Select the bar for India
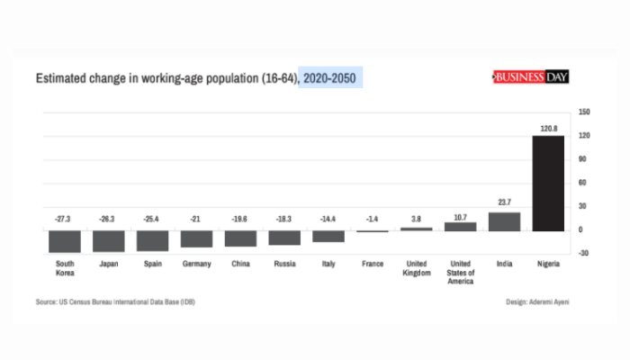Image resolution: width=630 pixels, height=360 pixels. tap(504, 221)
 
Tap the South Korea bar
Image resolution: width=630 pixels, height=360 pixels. tap(65, 241)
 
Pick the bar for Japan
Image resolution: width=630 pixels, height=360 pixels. tap(109, 240)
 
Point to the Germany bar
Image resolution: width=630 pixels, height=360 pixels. tap(196, 238)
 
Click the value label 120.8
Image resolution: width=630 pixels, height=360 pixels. tap(549, 129)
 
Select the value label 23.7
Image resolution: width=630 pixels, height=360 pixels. tap(504, 203)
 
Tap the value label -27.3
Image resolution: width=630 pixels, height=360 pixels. tap(64, 218)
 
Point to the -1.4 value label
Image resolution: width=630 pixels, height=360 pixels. tap(372, 218)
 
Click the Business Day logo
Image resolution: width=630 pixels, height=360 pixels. tap(530, 78)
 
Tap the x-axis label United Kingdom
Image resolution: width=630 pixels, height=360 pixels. tap(416, 268)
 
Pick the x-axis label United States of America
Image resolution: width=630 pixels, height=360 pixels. tap(460, 273)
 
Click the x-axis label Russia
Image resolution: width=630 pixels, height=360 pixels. tap(284, 265)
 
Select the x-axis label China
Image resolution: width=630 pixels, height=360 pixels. tap(240, 265)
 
